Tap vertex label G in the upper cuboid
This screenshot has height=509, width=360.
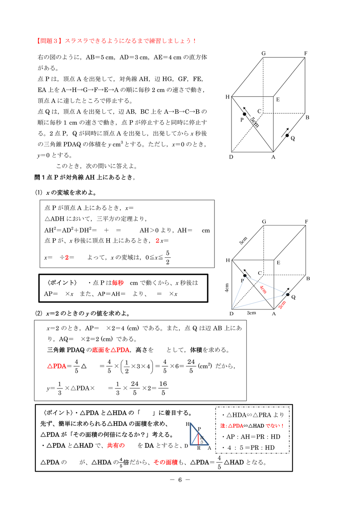(x=263, y=53)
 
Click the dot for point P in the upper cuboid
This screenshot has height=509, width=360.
(x=245, y=115)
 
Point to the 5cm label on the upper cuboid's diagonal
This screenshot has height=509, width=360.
(x=255, y=122)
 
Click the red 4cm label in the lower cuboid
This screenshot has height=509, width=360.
(x=263, y=289)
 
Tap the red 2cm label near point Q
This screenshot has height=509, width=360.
(x=282, y=305)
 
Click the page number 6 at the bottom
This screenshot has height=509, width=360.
(x=179, y=480)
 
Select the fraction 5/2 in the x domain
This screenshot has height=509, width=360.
(x=168, y=257)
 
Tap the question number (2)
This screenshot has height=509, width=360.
(x=39, y=313)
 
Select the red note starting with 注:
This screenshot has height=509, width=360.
(x=252, y=426)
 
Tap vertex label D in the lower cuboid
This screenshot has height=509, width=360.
(x=231, y=314)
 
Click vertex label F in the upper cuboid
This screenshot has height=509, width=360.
(x=306, y=53)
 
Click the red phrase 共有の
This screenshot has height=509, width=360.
(x=116, y=445)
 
